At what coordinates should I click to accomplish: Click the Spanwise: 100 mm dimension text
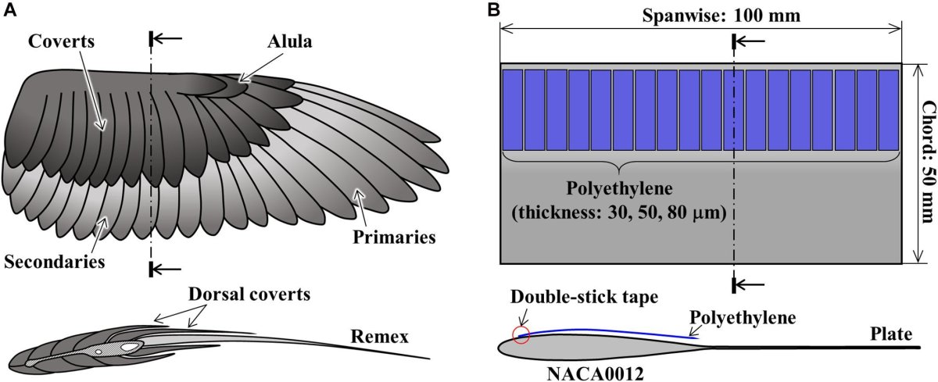[700, 15]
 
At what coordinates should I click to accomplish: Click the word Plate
[891, 334]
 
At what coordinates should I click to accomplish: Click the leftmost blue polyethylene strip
[512, 109]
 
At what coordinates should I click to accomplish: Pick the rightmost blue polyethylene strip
[889, 109]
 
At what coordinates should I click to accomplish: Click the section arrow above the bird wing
[173, 37]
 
